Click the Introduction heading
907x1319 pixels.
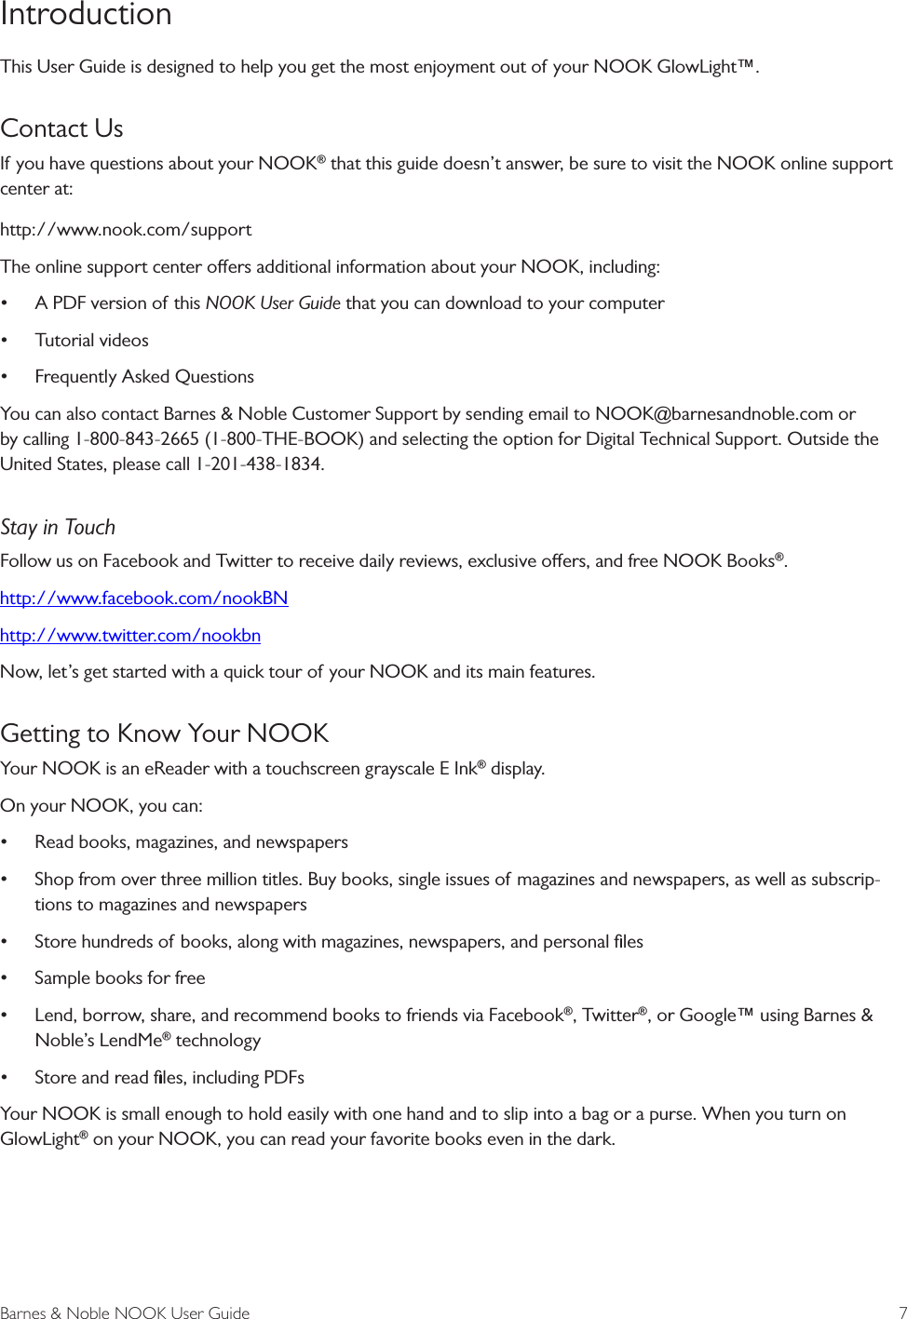click(x=86, y=15)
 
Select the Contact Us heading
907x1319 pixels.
click(x=61, y=128)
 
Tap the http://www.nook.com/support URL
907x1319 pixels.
click(x=126, y=230)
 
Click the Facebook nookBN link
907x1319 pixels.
click(x=143, y=599)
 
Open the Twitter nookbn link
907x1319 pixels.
click(x=130, y=636)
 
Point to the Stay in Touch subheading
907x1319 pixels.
click(x=58, y=528)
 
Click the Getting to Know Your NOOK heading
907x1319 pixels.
click(x=165, y=734)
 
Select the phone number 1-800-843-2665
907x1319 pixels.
click(x=137, y=439)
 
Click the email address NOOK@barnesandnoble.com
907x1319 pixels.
click(x=713, y=414)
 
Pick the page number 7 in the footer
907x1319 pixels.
click(x=901, y=1312)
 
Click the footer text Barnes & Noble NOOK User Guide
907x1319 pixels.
click(x=125, y=1312)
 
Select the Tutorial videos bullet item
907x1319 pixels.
click(x=91, y=341)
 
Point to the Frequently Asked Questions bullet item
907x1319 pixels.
click(x=144, y=377)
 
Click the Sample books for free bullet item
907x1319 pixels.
click(x=119, y=978)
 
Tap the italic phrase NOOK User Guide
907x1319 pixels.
click(x=272, y=303)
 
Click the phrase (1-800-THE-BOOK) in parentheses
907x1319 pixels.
click(x=284, y=439)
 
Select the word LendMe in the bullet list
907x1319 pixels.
click(x=130, y=1041)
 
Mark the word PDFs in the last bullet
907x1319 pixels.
click(x=283, y=1078)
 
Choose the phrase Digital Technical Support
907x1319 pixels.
click(x=683, y=439)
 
